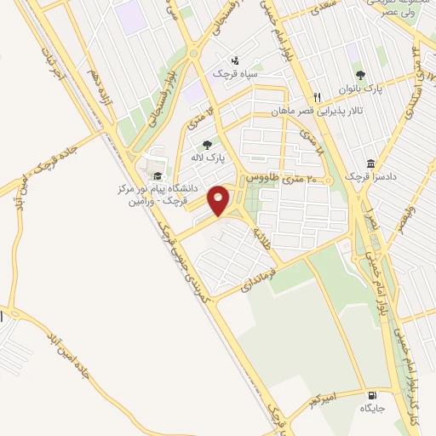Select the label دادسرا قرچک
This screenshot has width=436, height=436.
370,176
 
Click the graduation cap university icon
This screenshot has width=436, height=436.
157,176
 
